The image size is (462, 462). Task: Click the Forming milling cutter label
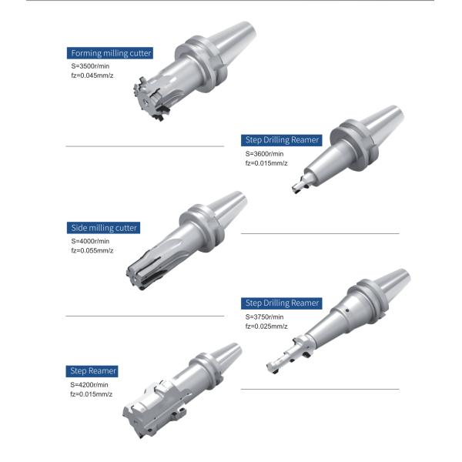(110, 53)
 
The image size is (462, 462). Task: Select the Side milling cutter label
(103, 228)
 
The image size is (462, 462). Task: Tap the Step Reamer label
(92, 371)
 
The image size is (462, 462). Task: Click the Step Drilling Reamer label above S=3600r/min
(282, 140)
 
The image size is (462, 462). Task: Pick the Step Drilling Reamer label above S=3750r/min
(282, 303)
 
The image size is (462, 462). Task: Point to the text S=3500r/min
(89, 67)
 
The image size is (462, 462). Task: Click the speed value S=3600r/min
(265, 153)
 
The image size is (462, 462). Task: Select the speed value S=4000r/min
(89, 241)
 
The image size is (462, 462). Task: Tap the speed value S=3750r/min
(265, 316)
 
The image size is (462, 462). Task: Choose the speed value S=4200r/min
(89, 384)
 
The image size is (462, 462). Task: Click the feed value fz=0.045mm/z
(92, 77)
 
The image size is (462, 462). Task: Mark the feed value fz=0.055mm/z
(92, 251)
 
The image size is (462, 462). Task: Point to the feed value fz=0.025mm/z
(266, 326)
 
